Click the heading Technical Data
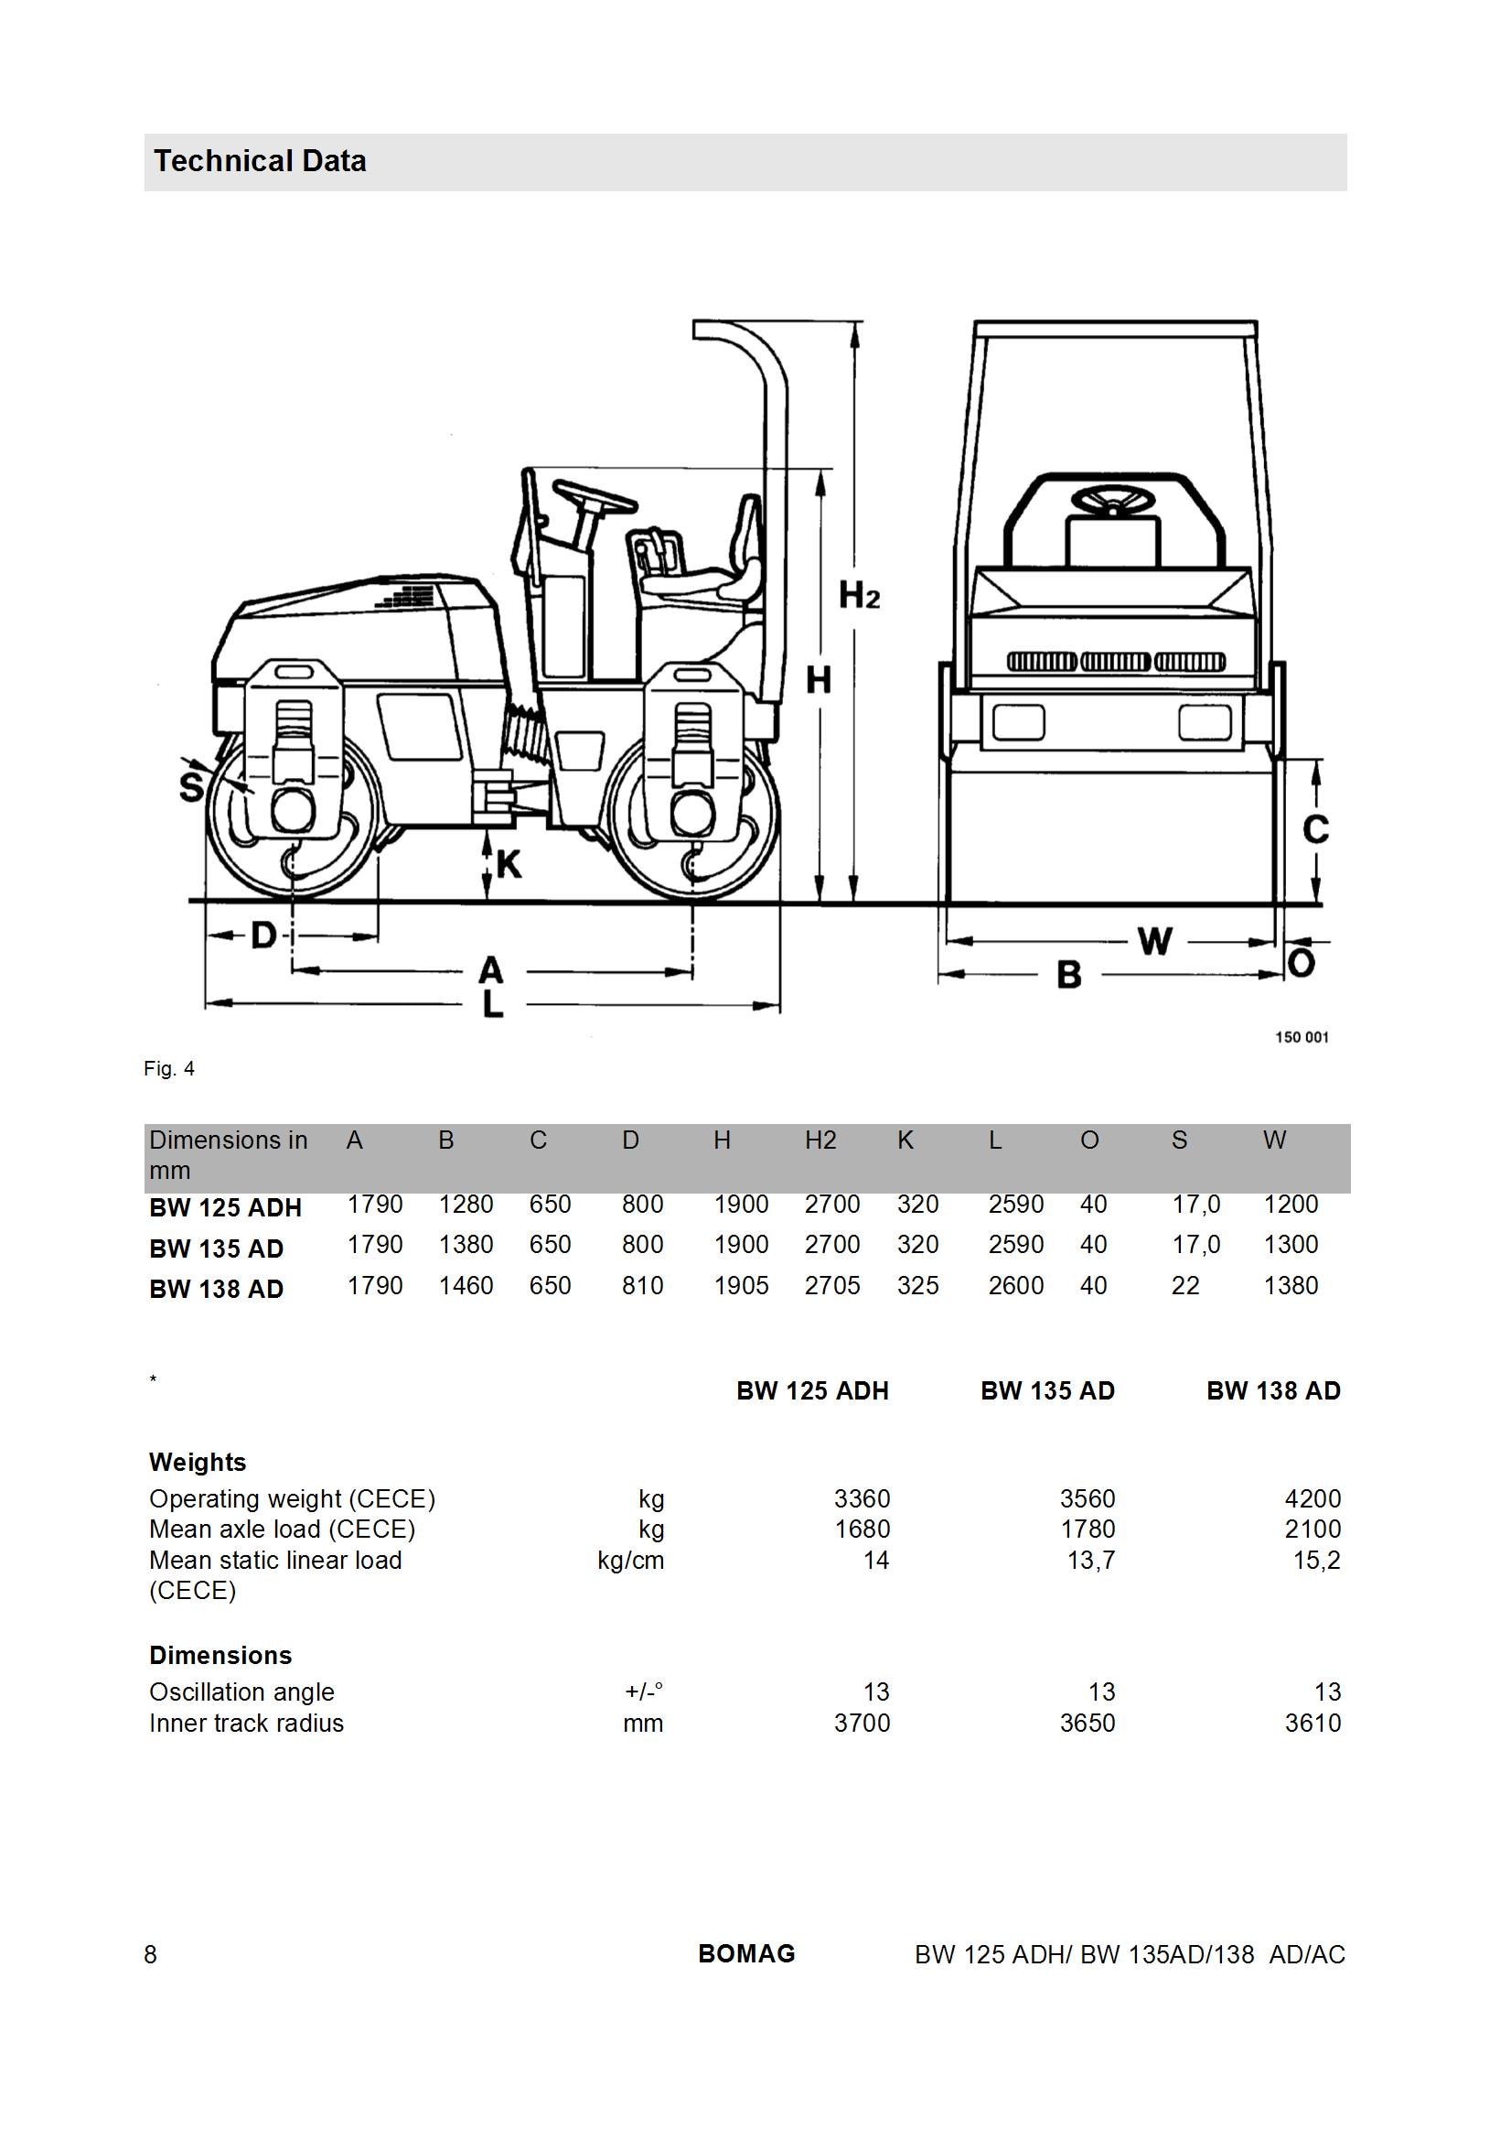[260, 161]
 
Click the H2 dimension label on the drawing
[859, 594]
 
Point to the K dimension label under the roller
[509, 865]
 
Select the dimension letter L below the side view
[493, 1003]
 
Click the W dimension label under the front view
[1155, 941]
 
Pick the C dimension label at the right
[1315, 828]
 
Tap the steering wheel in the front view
[1113, 503]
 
